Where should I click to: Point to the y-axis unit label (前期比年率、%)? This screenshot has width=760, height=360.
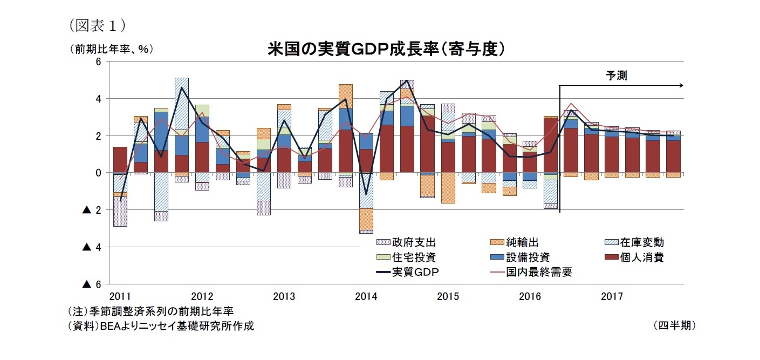110,49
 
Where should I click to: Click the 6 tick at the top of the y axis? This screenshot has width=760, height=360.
99,62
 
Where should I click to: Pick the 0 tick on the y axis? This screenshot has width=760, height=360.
99,173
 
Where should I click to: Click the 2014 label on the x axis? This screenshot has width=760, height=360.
366,296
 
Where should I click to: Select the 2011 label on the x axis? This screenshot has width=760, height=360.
120,296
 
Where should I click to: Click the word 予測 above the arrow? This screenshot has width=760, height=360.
616,76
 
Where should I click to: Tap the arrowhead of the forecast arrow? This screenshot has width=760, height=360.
681,85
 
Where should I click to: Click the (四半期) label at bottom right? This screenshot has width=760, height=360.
674,325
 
